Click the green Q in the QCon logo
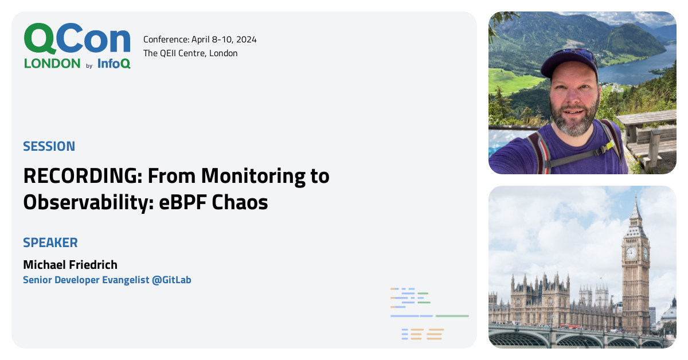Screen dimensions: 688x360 40,39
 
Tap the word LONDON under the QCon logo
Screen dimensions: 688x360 52,64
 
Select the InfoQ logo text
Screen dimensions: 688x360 114,64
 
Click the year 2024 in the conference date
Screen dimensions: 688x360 246,40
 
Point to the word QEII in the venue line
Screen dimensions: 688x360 167,53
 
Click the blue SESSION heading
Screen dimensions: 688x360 49,146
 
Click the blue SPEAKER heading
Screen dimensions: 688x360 50,242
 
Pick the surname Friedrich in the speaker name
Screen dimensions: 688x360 93,264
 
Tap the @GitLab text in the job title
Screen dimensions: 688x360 171,280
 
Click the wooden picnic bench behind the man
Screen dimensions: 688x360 648,135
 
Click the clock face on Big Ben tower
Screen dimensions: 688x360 631,253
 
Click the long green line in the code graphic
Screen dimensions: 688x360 452,316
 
